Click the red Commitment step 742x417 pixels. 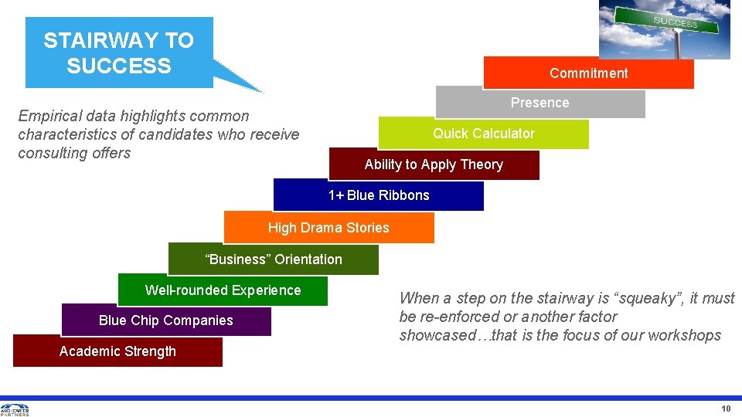click(x=588, y=73)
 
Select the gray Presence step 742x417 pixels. click(x=539, y=103)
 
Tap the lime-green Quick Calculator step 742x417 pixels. click(x=483, y=134)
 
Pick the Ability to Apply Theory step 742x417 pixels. click(x=434, y=164)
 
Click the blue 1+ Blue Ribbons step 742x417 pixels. click(x=378, y=195)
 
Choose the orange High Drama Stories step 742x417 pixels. click(x=328, y=227)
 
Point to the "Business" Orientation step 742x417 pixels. click(x=273, y=259)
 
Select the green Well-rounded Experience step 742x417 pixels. click(x=223, y=290)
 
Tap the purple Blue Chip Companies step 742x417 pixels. click(x=165, y=320)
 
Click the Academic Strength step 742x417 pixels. click(x=117, y=351)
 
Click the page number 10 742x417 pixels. click(x=726, y=409)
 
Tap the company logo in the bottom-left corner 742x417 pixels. click(x=15, y=409)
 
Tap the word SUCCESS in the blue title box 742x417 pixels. click(x=119, y=66)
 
